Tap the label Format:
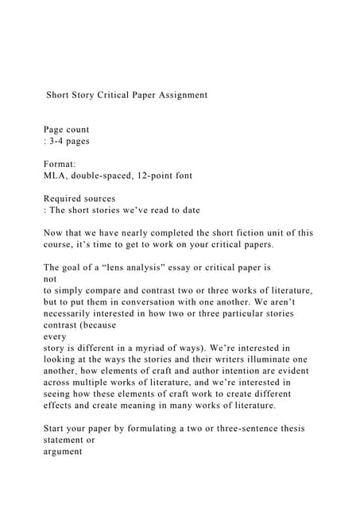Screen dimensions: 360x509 pos(60,163)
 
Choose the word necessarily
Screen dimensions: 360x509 pos(72,313)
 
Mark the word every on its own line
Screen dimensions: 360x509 pos(56,336)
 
